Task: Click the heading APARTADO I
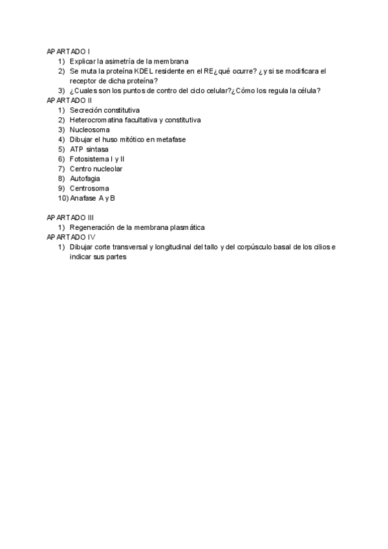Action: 69,51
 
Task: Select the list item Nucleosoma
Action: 90,129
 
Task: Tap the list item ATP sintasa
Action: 89,149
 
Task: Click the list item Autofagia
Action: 85,178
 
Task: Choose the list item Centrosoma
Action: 89,188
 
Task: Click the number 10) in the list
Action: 63,198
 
